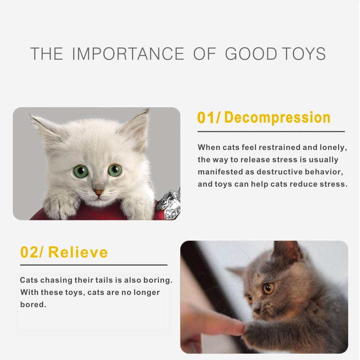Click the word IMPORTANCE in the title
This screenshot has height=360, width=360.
coord(128,54)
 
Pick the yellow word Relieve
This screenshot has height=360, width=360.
coord(78,252)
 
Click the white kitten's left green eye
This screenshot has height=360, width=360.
coord(81,172)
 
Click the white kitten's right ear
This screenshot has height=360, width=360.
coord(138,126)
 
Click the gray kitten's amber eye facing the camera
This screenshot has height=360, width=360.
coord(268,288)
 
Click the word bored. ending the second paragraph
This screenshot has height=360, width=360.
coord(33,304)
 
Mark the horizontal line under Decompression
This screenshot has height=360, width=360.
coord(271,132)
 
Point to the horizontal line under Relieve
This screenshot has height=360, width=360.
coord(94,265)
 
